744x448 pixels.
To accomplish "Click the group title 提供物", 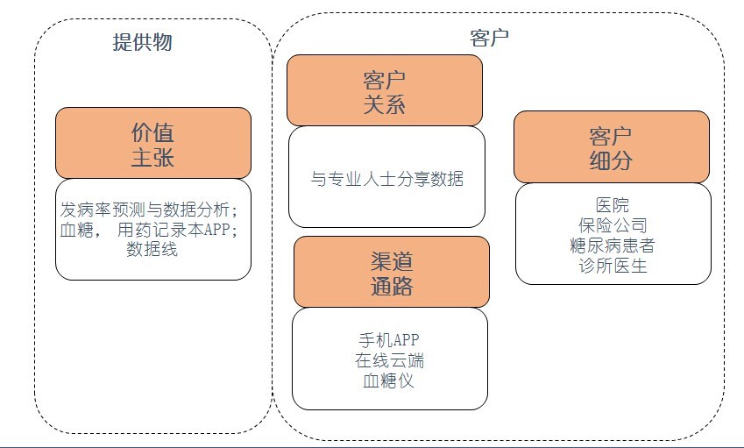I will [x=148, y=41].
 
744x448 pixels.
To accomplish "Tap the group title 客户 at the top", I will [x=490, y=38].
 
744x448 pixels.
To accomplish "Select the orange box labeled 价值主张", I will [x=152, y=145].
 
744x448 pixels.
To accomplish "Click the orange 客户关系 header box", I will [x=384, y=91].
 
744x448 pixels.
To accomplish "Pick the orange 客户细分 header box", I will [x=611, y=146].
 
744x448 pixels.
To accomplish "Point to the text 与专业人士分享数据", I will [x=387, y=179].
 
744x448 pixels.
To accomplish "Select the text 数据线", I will [x=152, y=249].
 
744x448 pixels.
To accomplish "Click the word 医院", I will [x=612, y=206].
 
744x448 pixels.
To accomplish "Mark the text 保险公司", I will [x=612, y=225].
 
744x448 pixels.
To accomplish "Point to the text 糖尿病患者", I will [x=612, y=245].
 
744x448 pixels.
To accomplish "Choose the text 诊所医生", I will [x=612, y=266].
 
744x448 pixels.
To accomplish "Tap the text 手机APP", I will [x=391, y=340].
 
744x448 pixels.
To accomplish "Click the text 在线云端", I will [x=391, y=360].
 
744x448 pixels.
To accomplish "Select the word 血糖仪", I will [x=391, y=380].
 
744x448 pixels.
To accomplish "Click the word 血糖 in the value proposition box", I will [x=77, y=230].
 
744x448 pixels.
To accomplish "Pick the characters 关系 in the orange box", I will [x=384, y=105].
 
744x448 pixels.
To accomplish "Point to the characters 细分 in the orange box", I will [x=611, y=160].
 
